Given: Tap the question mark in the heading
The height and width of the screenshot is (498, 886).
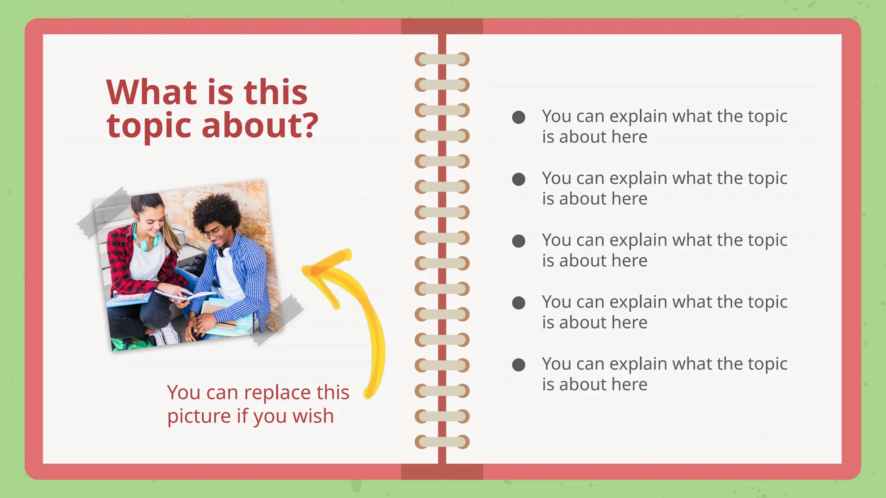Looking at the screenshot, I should tap(309, 125).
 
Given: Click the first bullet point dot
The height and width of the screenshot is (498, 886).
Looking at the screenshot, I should tap(518, 117).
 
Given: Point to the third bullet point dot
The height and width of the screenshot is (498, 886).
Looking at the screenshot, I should tap(518, 241).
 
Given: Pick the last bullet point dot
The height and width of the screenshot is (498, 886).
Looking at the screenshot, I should tap(518, 365).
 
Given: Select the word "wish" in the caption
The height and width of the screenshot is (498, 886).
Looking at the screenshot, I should tap(313, 416).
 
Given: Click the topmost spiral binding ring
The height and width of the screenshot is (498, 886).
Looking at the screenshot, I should tap(442, 59).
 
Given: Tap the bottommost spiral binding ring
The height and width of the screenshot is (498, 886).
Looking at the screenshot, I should tap(442, 442).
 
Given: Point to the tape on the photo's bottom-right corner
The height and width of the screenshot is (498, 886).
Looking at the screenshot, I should tap(279, 320).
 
